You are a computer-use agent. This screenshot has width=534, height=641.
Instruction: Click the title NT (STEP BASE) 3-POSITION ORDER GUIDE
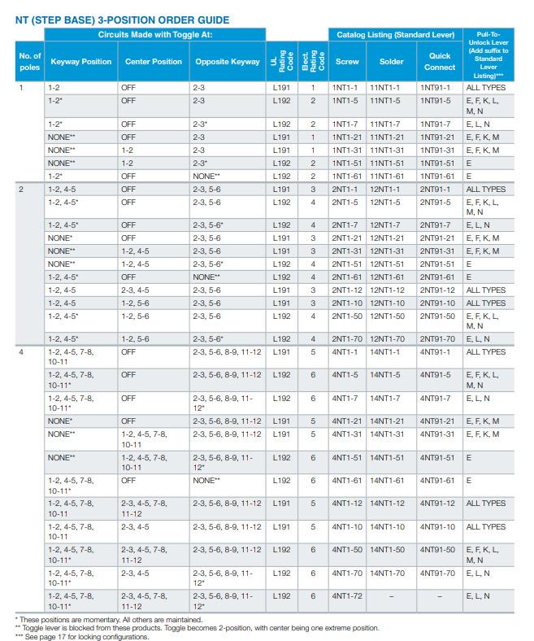click(122, 20)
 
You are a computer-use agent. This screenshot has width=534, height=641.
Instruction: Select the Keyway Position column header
click(81, 62)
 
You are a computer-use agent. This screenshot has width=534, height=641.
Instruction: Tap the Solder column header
click(391, 62)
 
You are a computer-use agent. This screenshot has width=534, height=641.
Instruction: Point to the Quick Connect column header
click(439, 61)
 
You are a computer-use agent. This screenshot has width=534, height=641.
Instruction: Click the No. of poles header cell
click(30, 61)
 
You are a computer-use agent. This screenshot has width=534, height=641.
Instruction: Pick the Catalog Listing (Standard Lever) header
click(395, 35)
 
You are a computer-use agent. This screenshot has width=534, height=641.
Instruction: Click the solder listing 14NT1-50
click(387, 550)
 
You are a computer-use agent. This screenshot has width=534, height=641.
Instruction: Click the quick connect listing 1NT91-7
click(435, 124)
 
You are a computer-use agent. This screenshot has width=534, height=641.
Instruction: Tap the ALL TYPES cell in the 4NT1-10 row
click(486, 527)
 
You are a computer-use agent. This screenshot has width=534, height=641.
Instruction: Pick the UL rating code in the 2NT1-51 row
click(281, 264)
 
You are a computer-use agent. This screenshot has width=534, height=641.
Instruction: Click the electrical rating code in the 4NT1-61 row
click(313, 481)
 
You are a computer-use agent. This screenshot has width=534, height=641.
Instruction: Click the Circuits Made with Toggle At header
click(155, 35)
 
